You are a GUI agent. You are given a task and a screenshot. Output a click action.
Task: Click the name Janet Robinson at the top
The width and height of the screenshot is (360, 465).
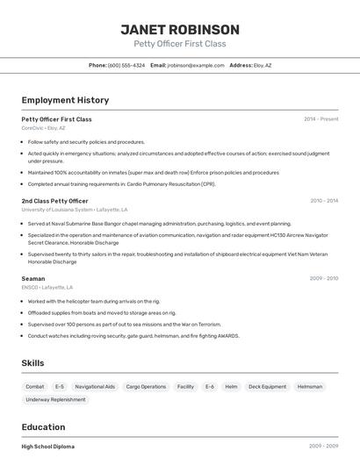[179, 30]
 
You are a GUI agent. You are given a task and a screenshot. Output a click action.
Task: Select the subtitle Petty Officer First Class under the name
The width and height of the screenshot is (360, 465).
[179, 44]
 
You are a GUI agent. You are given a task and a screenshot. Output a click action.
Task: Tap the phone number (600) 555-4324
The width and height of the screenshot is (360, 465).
[126, 66]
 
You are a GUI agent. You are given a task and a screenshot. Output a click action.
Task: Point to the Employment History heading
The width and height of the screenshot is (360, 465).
[65, 101]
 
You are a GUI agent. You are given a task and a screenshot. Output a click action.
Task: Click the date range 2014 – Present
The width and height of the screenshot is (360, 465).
[320, 119]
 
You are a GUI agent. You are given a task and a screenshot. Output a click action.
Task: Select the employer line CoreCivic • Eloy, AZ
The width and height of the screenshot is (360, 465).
[43, 128]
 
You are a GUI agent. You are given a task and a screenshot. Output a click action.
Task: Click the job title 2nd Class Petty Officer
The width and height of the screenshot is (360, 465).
[54, 201]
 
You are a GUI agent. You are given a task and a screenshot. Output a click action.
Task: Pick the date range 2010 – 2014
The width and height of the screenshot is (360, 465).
[324, 201]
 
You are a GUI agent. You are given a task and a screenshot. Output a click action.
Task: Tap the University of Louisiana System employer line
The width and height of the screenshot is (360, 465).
[75, 211]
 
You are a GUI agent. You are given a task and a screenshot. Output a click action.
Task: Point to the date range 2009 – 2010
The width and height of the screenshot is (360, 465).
[324, 279]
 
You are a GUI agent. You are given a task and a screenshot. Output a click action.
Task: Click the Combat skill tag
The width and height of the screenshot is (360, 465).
[35, 387]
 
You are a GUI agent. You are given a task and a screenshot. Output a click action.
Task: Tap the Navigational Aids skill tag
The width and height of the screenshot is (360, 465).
[95, 387]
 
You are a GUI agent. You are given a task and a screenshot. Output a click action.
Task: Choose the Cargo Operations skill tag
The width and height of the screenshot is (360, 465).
[146, 387]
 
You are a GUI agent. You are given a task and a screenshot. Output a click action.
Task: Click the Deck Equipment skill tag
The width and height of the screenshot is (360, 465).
[267, 387]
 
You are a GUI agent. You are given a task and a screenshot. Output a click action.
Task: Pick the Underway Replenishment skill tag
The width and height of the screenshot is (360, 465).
[56, 400]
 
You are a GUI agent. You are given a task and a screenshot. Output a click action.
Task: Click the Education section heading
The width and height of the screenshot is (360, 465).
[44, 427]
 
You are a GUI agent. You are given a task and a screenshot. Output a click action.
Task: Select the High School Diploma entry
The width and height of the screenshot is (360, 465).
[47, 447]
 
